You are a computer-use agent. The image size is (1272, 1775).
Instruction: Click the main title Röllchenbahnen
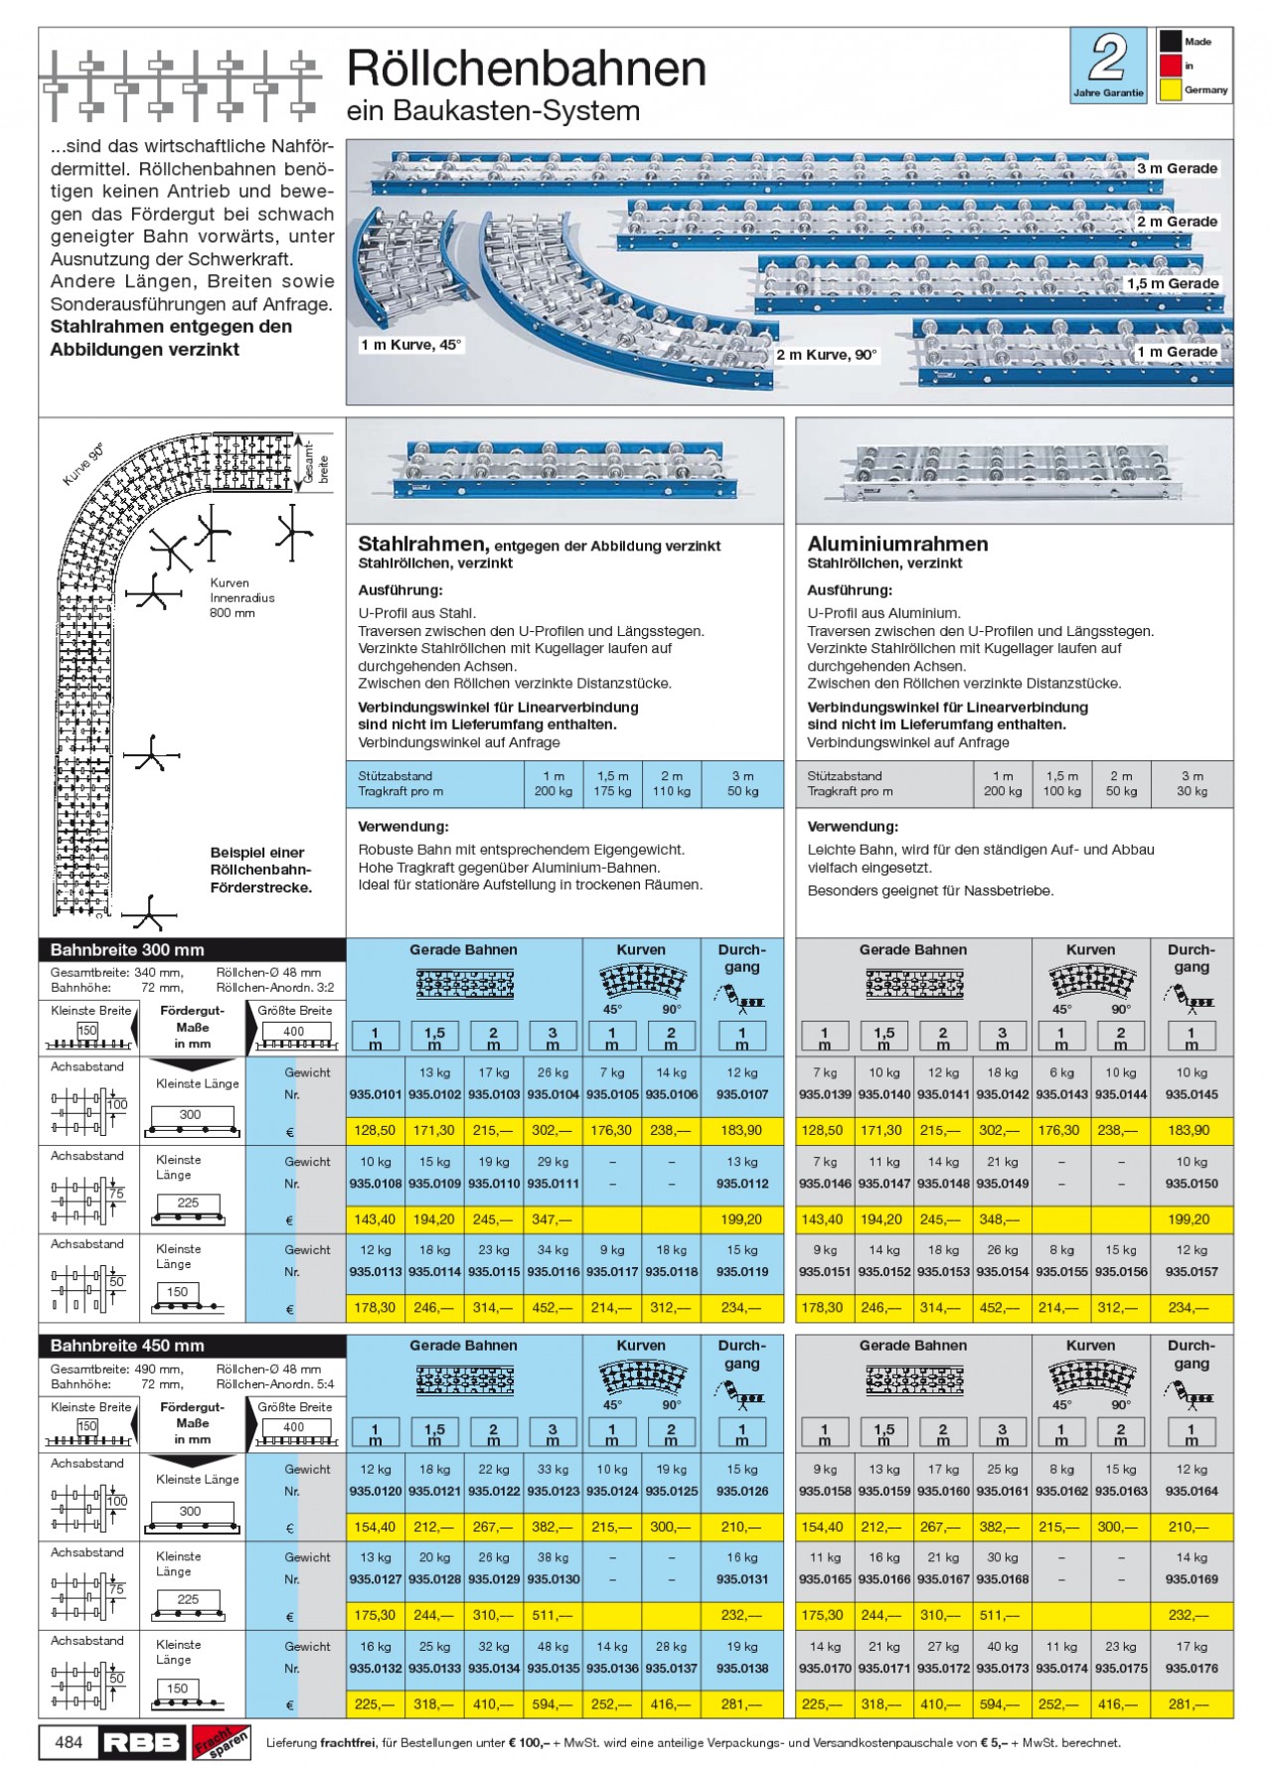(x=526, y=70)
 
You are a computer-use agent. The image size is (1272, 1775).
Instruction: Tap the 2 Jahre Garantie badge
(x=1108, y=65)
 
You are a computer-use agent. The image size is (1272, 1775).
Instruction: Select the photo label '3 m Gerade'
(x=1177, y=169)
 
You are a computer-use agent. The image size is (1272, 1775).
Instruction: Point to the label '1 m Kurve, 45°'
(x=410, y=345)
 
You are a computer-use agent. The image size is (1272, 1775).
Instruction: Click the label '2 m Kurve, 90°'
(x=827, y=355)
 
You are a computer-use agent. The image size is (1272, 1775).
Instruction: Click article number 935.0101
(x=376, y=1094)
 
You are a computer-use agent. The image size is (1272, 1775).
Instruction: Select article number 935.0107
(x=741, y=1094)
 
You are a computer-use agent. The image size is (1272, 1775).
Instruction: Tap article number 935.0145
(x=1192, y=1094)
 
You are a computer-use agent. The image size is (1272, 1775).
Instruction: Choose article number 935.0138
(x=741, y=1669)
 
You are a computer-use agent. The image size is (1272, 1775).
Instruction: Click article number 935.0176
(x=1192, y=1669)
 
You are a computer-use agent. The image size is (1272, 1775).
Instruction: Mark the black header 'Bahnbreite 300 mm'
(x=127, y=950)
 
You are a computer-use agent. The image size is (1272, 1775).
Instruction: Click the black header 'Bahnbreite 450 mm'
(x=127, y=1346)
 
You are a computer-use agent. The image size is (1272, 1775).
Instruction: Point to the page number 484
(x=69, y=1741)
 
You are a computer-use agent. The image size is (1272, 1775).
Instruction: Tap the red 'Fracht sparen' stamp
(x=221, y=1741)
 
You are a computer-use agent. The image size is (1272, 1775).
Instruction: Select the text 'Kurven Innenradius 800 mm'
(x=241, y=598)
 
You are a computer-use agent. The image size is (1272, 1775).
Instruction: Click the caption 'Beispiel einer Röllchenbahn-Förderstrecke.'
(x=260, y=870)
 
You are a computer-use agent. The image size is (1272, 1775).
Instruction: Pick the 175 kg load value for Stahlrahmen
(x=612, y=791)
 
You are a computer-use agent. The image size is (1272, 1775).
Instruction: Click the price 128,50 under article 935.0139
(x=822, y=1130)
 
